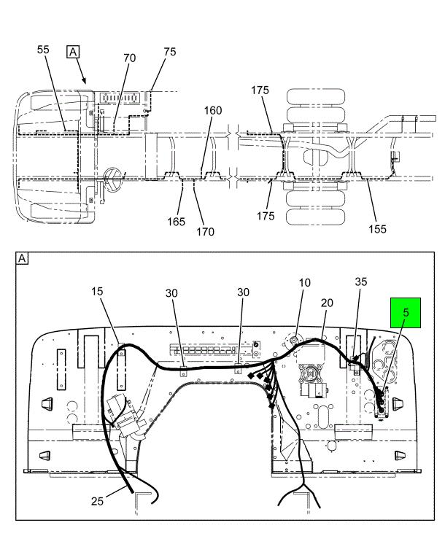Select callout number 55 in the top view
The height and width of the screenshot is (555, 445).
tap(43, 50)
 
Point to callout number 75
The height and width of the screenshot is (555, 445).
tap(169, 52)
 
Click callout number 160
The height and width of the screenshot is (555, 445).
tap(212, 112)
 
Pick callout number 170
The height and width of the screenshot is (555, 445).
tap(205, 232)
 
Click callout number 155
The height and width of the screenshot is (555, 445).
tap(377, 228)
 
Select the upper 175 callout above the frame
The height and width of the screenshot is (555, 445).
tap(260, 90)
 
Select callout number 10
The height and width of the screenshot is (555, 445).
tap(303, 282)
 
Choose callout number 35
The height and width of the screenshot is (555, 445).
tap(361, 281)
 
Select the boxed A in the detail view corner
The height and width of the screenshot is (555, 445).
tap(22, 258)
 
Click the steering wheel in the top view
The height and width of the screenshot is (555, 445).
tap(114, 177)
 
